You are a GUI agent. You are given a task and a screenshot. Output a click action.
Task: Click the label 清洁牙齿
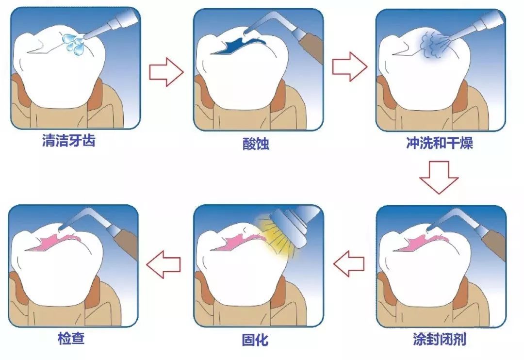pyautogui.click(x=68, y=140)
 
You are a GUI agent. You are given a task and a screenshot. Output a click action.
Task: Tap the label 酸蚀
pyautogui.click(x=256, y=144)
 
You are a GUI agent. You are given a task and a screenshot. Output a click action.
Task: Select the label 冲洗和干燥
pyautogui.click(x=440, y=143)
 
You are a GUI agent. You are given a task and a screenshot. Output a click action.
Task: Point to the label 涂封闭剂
pyautogui.click(x=440, y=339)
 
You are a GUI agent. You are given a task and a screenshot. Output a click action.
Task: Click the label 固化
pyautogui.click(x=255, y=340)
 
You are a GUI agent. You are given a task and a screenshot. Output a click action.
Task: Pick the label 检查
pyautogui.click(x=71, y=338)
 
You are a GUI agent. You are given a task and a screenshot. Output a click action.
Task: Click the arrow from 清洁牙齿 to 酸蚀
pyautogui.click(x=166, y=72)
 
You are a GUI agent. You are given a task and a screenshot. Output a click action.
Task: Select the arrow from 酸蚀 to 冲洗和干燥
pyautogui.click(x=349, y=66)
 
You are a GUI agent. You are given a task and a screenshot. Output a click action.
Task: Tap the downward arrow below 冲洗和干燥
pyautogui.click(x=439, y=178)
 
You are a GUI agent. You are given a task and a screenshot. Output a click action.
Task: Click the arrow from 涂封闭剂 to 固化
pyautogui.click(x=349, y=264)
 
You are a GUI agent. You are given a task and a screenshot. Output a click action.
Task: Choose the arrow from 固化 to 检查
pyautogui.click(x=164, y=264)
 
